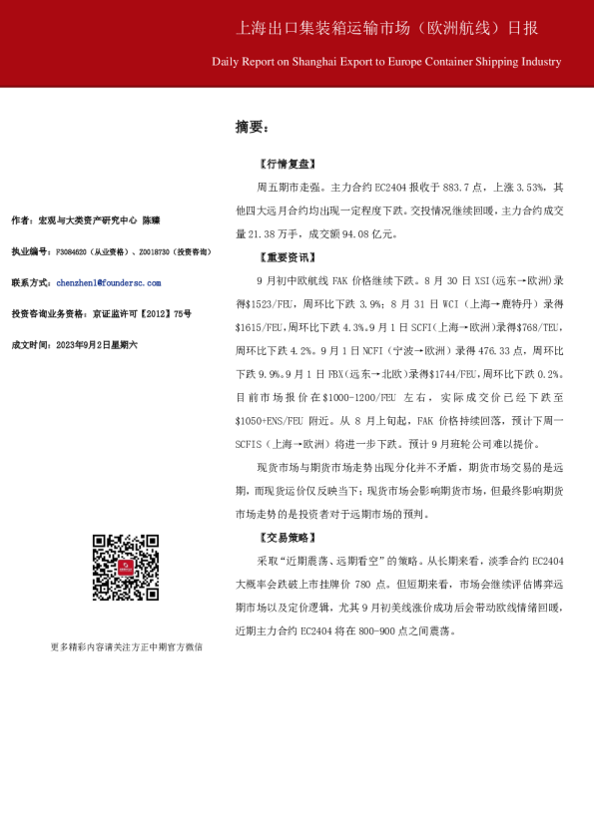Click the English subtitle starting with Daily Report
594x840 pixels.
[x=386, y=62]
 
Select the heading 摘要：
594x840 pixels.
[x=252, y=127]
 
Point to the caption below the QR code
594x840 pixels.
[x=126, y=646]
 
